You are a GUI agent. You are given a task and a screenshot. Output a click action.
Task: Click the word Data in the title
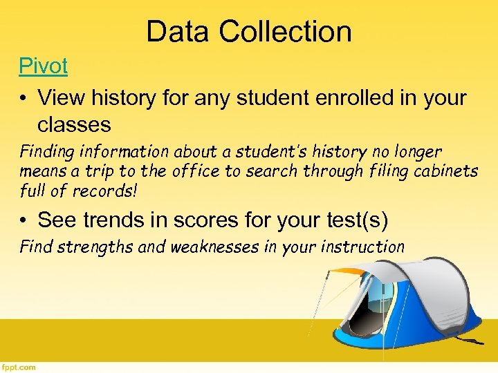coord(178,32)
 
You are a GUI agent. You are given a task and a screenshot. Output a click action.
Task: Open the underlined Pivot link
coord(43,67)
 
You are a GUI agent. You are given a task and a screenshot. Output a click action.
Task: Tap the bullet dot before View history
coord(24,98)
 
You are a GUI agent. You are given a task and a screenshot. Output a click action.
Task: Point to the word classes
coord(74,124)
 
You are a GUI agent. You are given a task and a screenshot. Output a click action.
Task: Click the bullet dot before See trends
coord(24,220)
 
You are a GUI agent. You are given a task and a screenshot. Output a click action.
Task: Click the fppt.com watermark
coord(19,367)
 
